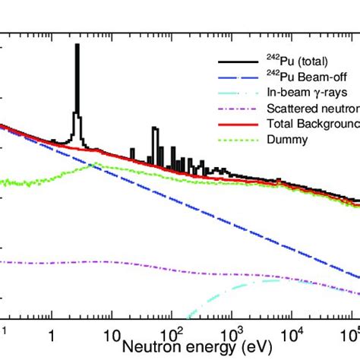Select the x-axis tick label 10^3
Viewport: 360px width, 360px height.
pos(231,335)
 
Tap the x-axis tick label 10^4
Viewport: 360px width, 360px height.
pos(292,335)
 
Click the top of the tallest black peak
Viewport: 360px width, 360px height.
pos(77,45)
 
